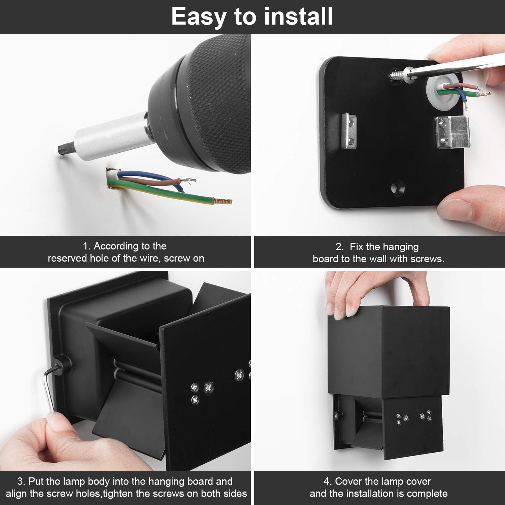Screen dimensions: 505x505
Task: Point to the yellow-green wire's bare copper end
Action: click(x=223, y=202)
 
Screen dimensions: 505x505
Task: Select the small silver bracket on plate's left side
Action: click(x=349, y=130)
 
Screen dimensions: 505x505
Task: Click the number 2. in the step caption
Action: click(x=339, y=247)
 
